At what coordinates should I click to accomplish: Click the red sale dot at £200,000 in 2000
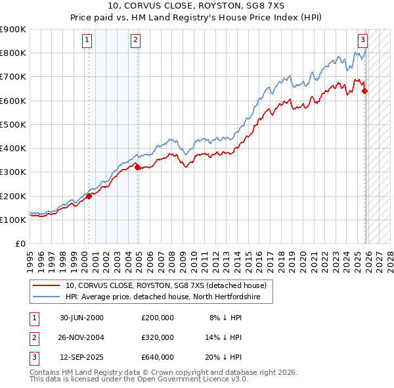point(89,196)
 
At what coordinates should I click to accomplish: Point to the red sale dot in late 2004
point(137,167)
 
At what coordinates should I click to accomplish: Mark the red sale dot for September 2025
point(365,91)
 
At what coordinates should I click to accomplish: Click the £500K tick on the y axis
point(14,124)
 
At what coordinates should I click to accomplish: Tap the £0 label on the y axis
point(20,244)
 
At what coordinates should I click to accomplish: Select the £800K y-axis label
point(14,53)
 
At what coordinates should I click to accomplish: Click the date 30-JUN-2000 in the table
point(81,318)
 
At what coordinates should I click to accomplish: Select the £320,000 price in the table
point(157,337)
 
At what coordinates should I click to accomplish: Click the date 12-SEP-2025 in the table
point(81,357)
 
